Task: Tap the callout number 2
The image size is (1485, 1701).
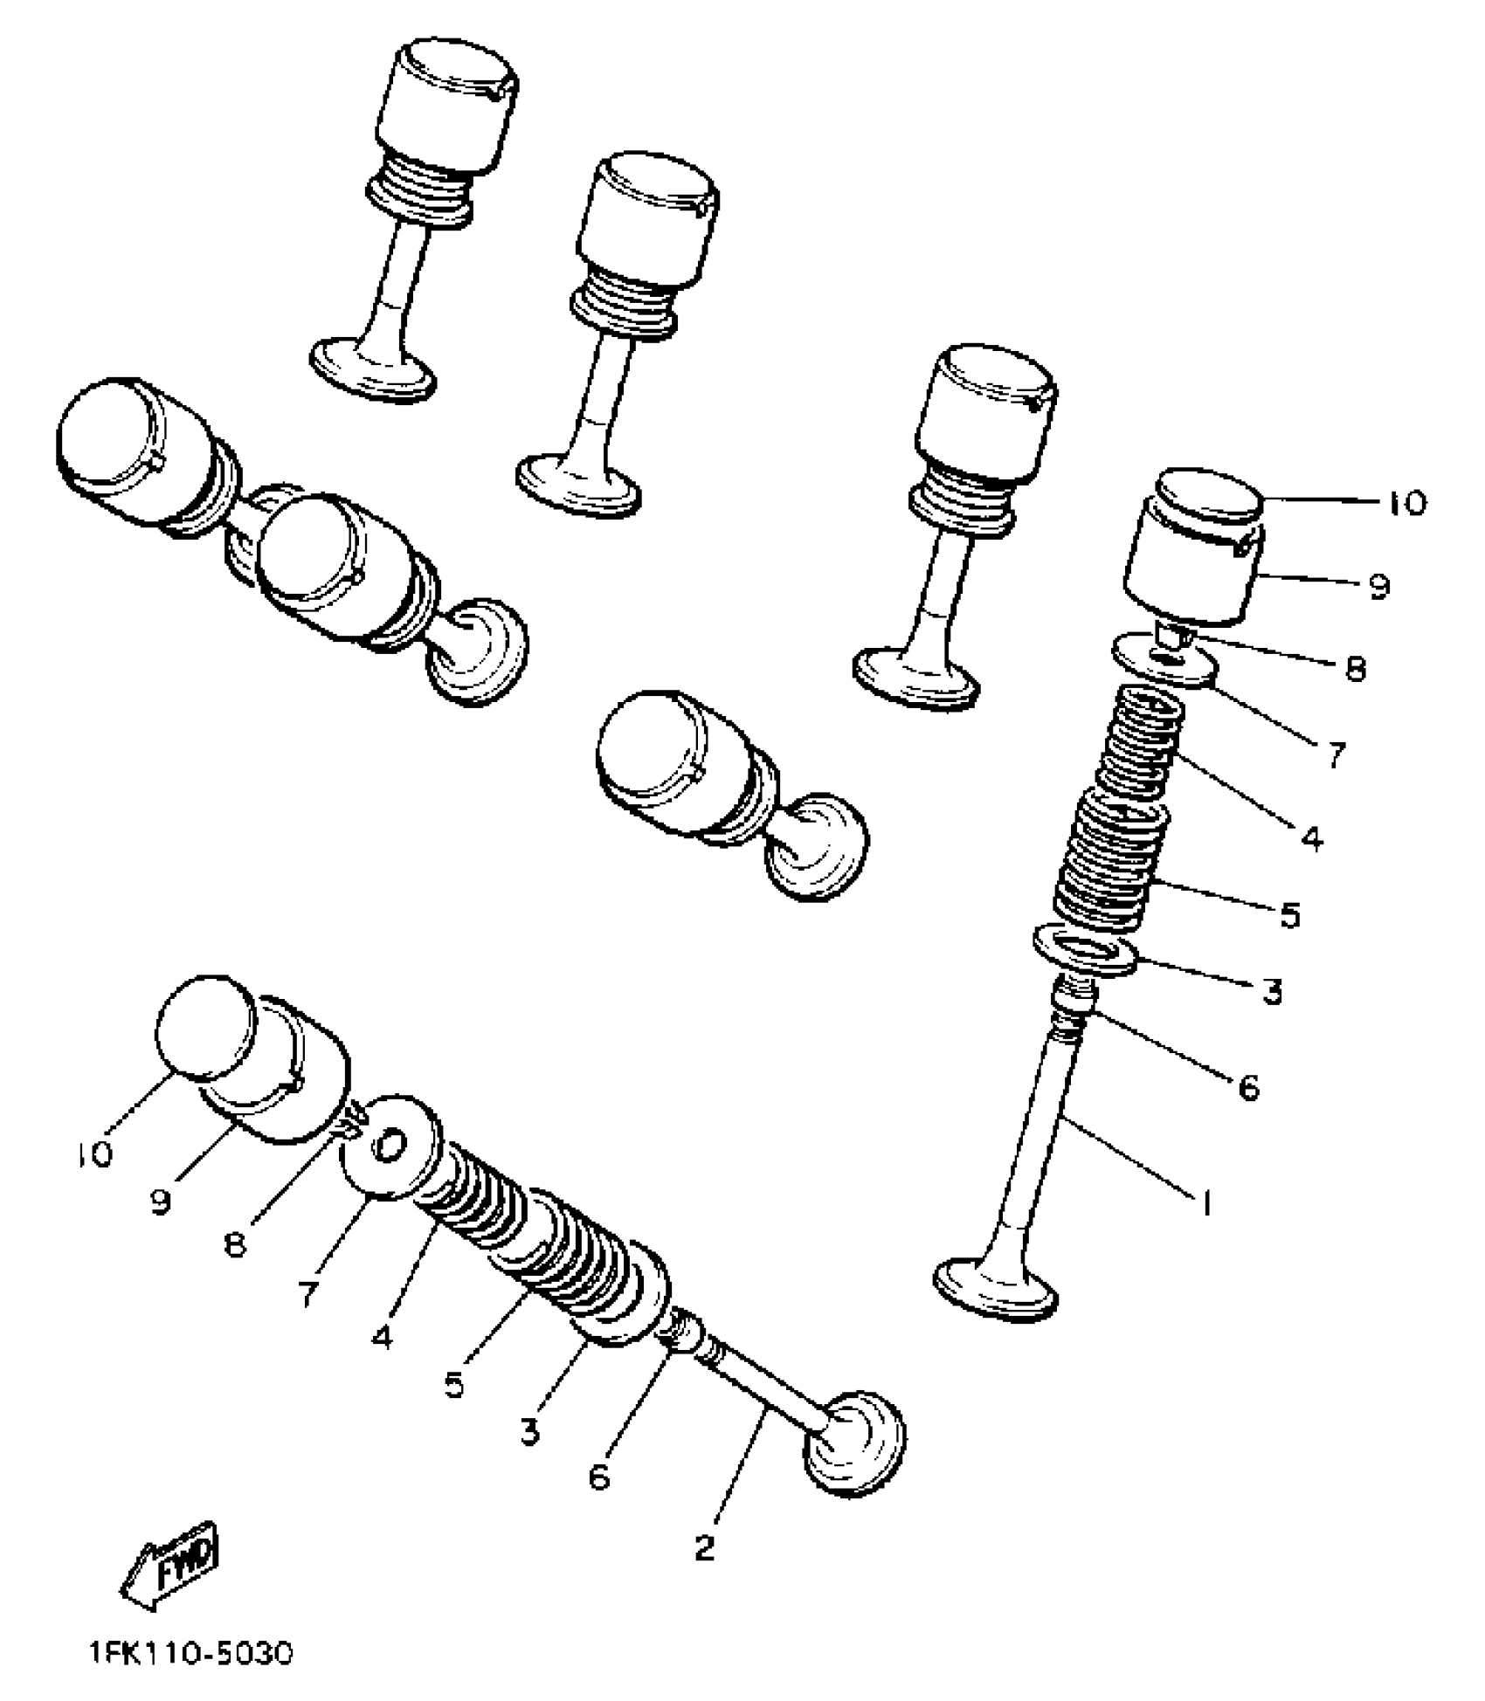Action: click(704, 1547)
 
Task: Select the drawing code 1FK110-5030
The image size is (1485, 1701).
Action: click(191, 1654)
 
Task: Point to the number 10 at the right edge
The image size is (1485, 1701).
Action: click(1406, 504)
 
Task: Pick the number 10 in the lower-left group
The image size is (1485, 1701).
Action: click(94, 1154)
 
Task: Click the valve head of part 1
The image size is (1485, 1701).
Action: click(996, 1287)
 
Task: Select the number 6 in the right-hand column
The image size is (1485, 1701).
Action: click(1249, 1087)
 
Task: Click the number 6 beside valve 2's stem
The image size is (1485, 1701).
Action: click(599, 1477)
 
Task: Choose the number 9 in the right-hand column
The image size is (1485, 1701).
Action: click(1378, 586)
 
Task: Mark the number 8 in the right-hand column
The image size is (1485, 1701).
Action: click(1355, 670)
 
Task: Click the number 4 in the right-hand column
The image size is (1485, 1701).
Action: click(1311, 838)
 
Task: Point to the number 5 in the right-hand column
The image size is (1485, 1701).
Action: click(1290, 915)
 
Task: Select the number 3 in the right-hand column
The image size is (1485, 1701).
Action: click(1272, 992)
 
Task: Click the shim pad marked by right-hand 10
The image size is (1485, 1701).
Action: click(1211, 494)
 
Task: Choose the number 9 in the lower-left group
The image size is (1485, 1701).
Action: click(160, 1202)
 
